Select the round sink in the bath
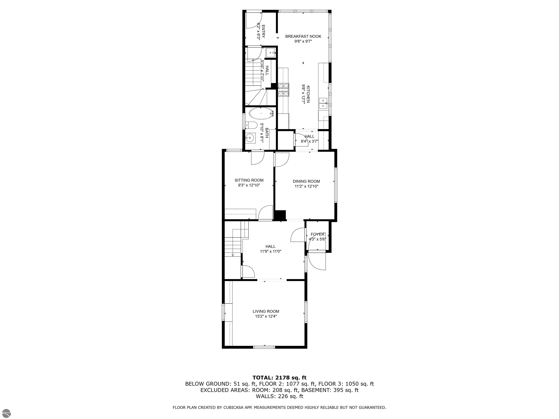(250, 138)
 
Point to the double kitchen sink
(323, 103)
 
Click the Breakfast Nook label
(303, 36)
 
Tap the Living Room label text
(266, 311)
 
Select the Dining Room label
(306, 181)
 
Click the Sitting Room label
(249, 180)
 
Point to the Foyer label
(317, 234)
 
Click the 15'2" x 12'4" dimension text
(266, 316)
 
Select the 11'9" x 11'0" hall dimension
(270, 251)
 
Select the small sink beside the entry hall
(271, 53)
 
